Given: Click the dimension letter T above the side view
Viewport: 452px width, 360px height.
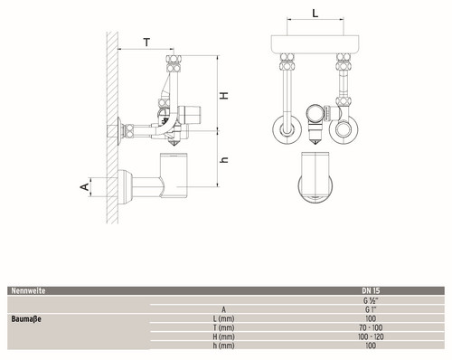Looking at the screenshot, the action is tap(146, 43).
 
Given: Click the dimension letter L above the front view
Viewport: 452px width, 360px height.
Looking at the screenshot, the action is tap(315, 14).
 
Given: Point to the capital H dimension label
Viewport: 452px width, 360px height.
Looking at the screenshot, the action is tap(224, 95).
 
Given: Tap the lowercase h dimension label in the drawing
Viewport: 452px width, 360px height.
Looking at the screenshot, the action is tap(224, 160).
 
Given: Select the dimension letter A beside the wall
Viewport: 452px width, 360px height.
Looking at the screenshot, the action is tap(85, 186).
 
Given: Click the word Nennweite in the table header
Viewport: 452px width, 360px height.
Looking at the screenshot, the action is tap(28, 291).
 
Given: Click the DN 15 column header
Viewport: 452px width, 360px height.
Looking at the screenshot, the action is tap(371, 291).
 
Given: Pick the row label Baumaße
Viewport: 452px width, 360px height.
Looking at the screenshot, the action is tap(26, 319).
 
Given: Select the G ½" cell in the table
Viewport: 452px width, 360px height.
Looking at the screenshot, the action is tap(371, 300).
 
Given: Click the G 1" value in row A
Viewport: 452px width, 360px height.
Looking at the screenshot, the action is tap(371, 309).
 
